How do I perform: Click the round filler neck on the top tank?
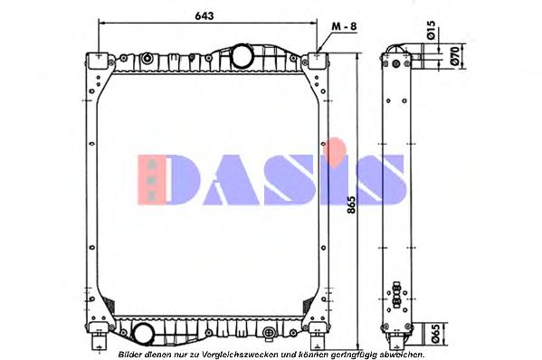click(x=242, y=57)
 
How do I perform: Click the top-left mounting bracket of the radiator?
click(x=95, y=62)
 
